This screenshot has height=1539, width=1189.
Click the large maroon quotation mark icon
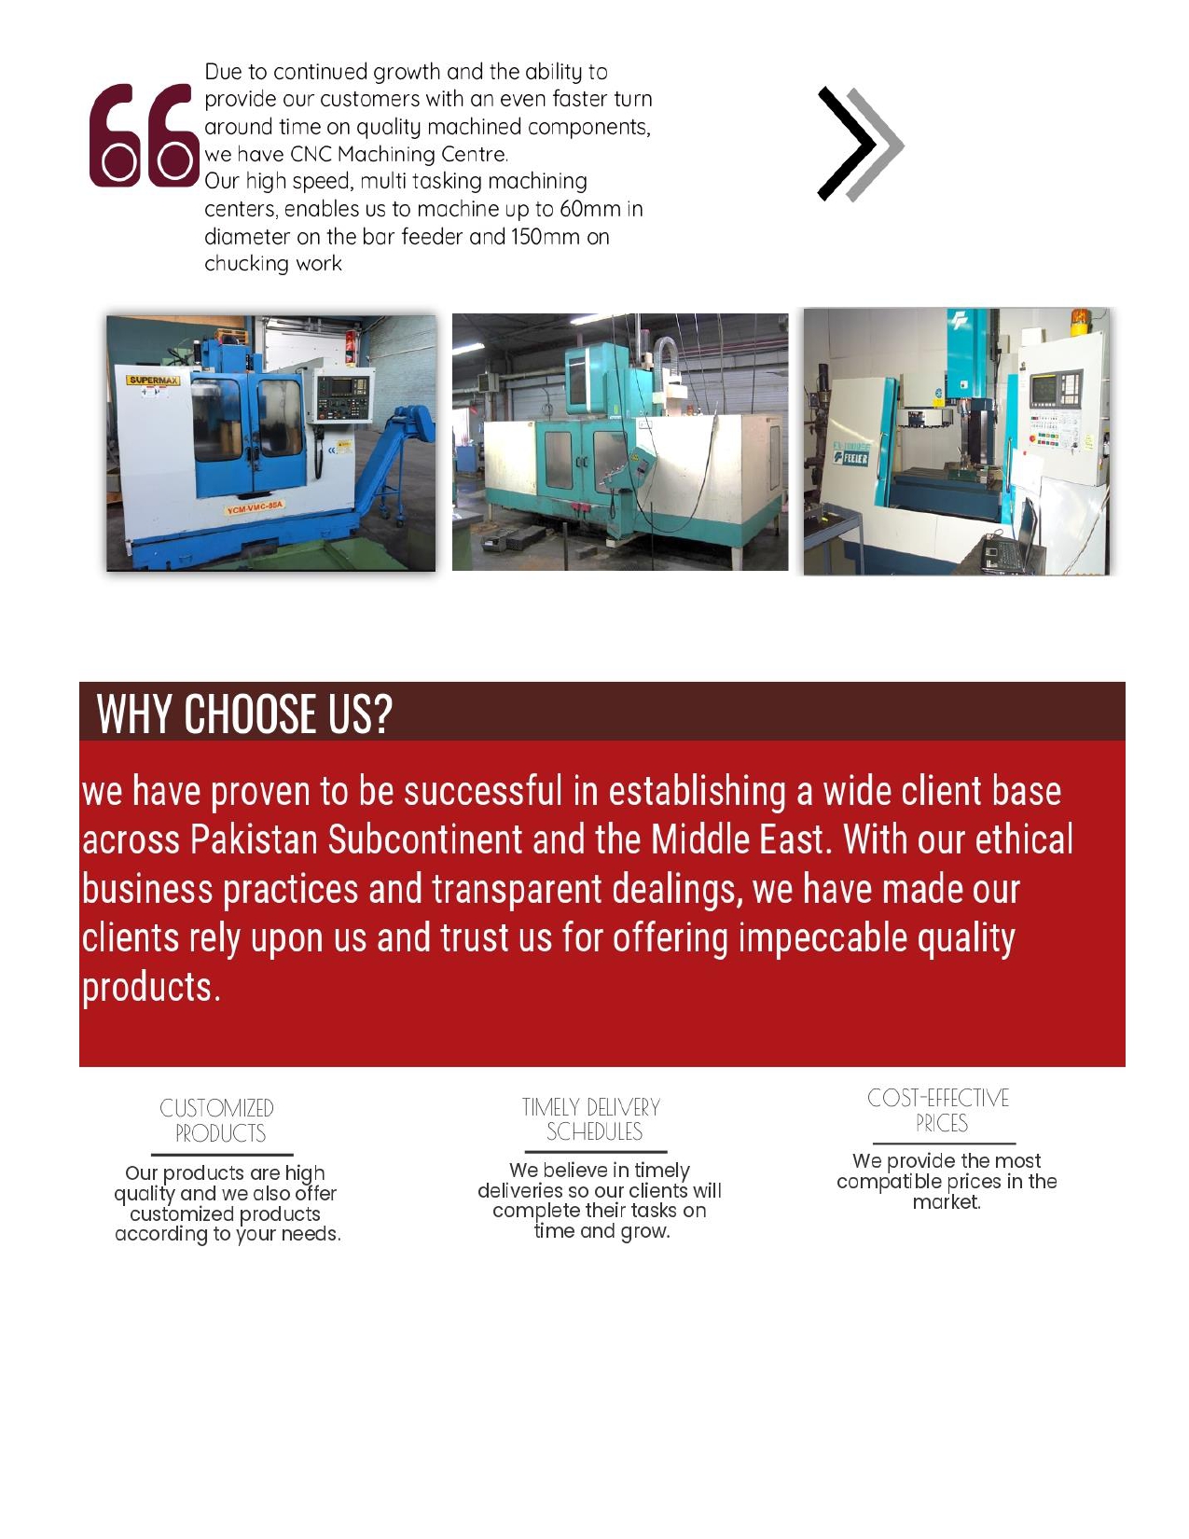click(144, 136)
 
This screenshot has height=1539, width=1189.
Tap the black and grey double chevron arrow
click(860, 144)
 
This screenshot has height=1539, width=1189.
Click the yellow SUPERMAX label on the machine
click(154, 381)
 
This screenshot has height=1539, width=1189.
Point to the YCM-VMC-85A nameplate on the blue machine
click(255, 507)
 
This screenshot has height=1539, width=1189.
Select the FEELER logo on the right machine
click(850, 456)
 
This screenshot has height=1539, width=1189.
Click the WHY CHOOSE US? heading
click(244, 714)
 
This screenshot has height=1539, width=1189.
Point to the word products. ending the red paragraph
click(151, 987)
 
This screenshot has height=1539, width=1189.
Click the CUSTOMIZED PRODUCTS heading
click(217, 1120)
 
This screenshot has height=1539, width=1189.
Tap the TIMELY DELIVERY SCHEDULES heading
click(591, 1119)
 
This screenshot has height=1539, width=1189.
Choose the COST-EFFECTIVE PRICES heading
click(939, 1110)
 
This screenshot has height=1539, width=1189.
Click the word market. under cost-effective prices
click(947, 1202)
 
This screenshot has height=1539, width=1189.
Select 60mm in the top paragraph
click(589, 209)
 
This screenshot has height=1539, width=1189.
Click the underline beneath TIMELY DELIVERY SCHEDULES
click(594, 1152)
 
